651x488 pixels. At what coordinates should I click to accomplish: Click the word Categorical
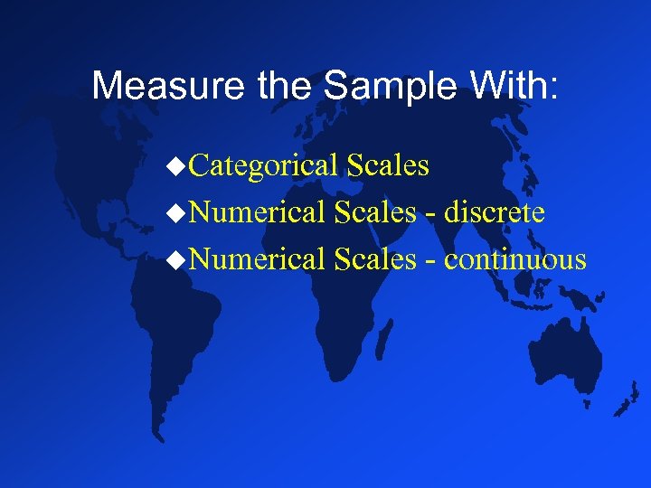coord(267,166)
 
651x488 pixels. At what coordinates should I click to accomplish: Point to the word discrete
coord(495,213)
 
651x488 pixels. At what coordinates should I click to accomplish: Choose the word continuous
coord(515,260)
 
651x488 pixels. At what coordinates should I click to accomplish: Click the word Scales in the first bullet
coord(388,166)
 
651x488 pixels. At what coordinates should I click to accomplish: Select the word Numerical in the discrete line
coord(259,213)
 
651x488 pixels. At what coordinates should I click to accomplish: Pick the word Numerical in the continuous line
coord(259,260)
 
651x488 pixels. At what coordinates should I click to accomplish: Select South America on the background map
coord(181,334)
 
